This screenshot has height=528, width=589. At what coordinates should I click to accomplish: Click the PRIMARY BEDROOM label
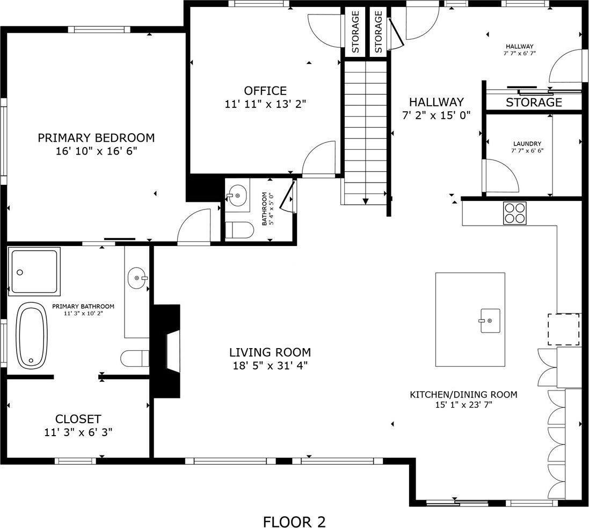(96, 138)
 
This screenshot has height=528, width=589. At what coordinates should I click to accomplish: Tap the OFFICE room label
(265, 91)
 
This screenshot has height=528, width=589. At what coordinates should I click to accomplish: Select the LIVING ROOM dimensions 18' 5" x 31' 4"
(270, 365)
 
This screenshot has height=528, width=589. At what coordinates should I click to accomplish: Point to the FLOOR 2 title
(294, 522)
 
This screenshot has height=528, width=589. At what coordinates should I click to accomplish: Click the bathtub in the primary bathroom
(32, 336)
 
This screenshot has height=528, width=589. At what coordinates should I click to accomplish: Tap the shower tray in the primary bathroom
(34, 271)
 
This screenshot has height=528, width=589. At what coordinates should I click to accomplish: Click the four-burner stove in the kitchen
(514, 213)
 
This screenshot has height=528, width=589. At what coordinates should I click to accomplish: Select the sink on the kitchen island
(490, 321)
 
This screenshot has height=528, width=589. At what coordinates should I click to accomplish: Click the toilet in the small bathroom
(239, 230)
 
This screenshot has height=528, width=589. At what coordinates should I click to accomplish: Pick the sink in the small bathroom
(237, 196)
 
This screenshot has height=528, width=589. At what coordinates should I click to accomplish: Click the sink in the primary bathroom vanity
(137, 278)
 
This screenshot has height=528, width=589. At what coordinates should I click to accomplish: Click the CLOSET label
(78, 418)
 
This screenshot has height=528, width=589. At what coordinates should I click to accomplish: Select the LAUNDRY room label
(527, 143)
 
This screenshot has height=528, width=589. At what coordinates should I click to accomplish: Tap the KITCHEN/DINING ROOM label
(463, 395)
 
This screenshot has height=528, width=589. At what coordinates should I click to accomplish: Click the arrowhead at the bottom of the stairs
(366, 201)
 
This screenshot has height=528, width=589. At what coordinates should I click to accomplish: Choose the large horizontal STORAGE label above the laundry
(534, 102)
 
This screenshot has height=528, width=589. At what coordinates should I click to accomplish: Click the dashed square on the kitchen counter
(563, 329)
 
